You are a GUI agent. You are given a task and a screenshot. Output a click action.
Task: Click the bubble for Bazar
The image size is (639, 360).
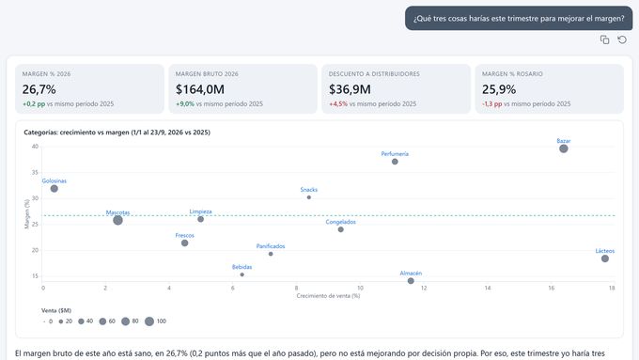(564, 149)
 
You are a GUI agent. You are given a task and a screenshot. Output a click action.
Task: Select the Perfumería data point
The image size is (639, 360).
(395, 162)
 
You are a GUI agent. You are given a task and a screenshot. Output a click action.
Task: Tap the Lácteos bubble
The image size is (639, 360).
(605, 258)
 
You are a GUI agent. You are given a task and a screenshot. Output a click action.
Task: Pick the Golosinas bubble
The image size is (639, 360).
(54, 189)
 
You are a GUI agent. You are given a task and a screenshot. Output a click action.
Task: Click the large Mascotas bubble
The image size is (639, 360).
(117, 220)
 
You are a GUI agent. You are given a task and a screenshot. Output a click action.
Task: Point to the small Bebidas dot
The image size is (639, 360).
(242, 274)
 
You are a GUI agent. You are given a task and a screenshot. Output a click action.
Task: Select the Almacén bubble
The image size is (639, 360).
(411, 281)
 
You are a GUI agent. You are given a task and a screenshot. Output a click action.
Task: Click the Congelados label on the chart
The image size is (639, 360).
(341, 222)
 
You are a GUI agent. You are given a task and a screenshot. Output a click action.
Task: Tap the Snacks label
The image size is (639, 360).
(309, 190)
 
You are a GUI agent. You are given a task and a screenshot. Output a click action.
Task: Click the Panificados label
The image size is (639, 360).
(271, 246)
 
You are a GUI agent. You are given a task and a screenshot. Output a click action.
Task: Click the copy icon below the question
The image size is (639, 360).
(605, 39)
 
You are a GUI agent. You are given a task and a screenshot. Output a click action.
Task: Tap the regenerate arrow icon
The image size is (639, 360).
(622, 39)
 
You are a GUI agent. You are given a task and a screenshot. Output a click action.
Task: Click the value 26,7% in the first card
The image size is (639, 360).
(39, 89)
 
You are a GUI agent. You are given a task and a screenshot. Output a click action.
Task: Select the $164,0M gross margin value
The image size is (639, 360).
(200, 89)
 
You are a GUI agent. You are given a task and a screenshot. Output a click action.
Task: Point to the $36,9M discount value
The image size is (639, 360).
(351, 89)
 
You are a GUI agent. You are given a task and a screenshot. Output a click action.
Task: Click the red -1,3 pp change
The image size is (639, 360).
(491, 104)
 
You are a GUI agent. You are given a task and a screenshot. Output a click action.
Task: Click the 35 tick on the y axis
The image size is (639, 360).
(35, 172)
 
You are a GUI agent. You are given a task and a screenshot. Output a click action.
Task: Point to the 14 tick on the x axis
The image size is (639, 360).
(488, 288)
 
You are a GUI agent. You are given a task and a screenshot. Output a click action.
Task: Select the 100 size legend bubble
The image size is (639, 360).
(149, 321)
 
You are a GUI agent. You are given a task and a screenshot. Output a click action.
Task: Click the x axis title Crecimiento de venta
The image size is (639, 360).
(328, 296)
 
